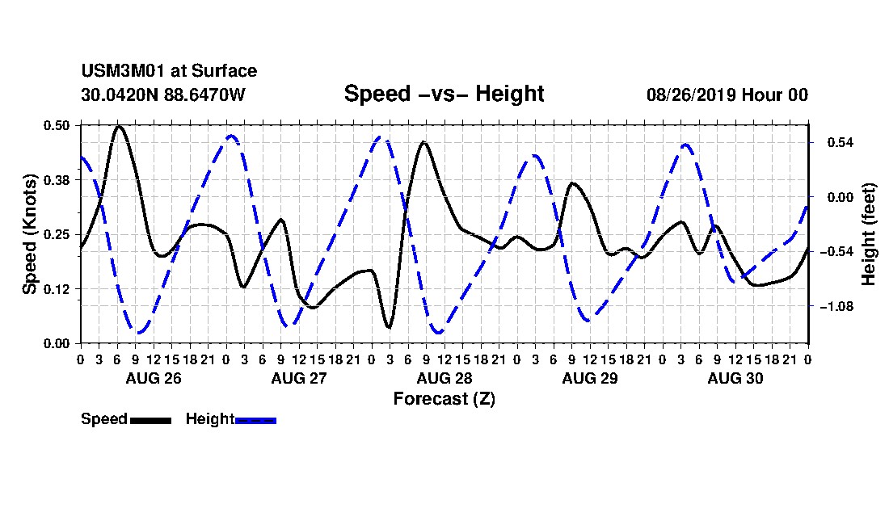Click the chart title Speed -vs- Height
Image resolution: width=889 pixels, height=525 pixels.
point(444,94)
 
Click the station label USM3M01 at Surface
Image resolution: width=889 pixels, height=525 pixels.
point(169,71)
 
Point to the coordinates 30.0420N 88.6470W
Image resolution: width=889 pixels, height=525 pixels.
point(163,94)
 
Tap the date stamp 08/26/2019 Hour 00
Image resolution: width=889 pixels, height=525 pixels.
point(727,94)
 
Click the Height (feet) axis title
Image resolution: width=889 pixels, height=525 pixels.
point(868,234)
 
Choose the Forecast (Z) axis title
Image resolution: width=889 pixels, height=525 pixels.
point(444,399)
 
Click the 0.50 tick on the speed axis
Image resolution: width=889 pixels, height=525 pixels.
point(57,125)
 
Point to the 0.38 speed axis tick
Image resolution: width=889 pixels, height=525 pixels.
point(57,180)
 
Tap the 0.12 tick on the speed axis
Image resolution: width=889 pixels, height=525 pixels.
point(57,289)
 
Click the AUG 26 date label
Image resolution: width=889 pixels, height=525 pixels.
point(154,378)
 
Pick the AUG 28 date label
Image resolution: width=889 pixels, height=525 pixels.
point(444,378)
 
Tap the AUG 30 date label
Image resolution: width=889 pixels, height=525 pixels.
point(735,378)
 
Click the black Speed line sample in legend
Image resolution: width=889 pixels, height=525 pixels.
point(151,420)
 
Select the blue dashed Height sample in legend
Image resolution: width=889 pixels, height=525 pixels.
point(255,420)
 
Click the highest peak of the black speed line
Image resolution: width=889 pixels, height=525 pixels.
point(119,126)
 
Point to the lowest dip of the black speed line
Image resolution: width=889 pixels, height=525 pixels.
point(389,327)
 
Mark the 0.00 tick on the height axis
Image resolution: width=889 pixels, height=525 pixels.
point(841,197)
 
